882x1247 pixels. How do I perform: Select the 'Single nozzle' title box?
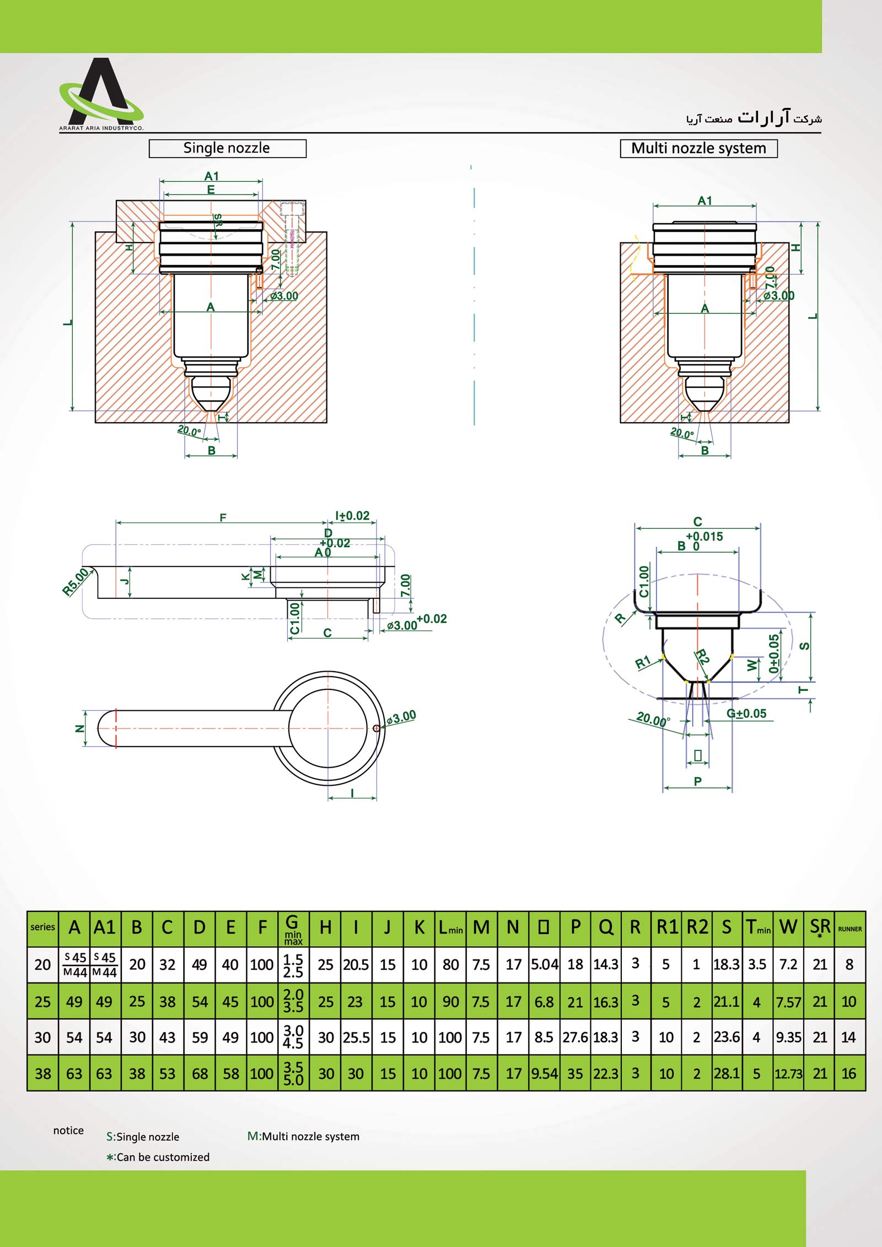tap(227, 148)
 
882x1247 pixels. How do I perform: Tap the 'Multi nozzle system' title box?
tap(698, 148)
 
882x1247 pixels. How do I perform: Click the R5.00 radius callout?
tap(75, 581)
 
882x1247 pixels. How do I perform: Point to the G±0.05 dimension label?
tap(746, 714)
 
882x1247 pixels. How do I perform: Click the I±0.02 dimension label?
tap(353, 516)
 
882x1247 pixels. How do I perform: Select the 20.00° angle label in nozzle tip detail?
tap(653, 719)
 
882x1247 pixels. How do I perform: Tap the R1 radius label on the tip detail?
tap(643, 662)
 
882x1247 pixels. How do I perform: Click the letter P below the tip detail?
tap(698, 781)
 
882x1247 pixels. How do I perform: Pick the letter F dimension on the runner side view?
tap(223, 517)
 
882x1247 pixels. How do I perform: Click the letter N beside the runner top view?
tap(79, 728)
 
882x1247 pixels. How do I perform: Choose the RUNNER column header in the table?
tap(849, 929)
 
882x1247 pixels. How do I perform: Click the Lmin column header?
tap(450, 928)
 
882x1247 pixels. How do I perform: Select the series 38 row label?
tap(42, 1073)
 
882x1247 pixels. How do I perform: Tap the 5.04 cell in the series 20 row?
tap(544, 964)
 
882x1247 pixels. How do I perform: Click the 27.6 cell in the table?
tap(575, 1037)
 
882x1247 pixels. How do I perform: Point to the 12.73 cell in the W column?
tap(788, 1073)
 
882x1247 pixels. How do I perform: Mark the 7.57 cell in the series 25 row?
tap(788, 1002)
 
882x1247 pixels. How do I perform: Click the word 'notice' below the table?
tap(68, 1131)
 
